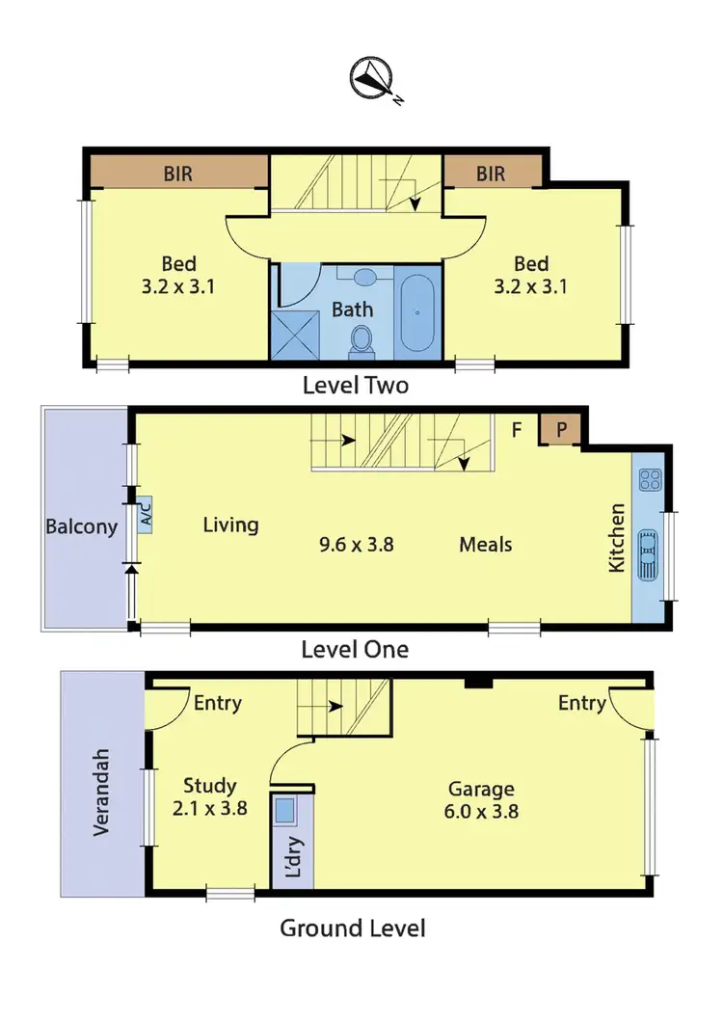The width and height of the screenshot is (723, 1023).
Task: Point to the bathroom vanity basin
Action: click(x=365, y=278)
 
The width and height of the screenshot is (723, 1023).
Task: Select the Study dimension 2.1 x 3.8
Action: click(x=210, y=810)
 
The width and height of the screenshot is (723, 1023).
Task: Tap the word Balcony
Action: click(x=82, y=526)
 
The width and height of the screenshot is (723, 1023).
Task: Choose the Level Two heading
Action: click(x=356, y=386)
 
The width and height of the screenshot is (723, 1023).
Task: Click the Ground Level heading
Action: click(x=353, y=929)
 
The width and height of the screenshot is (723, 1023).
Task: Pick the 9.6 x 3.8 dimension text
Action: click(x=357, y=545)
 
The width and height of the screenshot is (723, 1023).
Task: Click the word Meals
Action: click(x=485, y=545)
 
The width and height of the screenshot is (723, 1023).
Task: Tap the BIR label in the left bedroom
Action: click(x=179, y=174)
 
